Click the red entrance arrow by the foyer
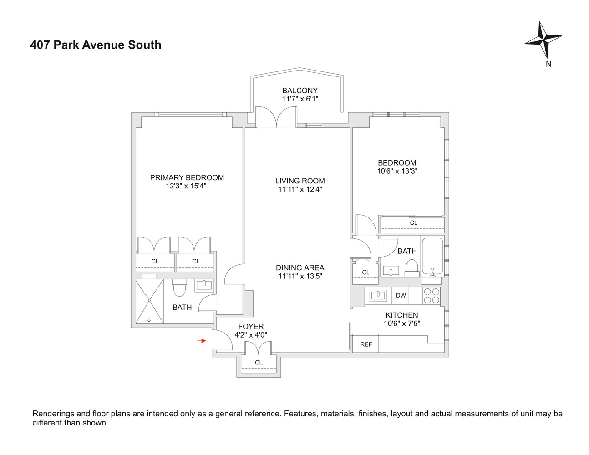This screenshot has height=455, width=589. point(202,341)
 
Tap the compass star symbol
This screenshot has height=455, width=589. point(543,40)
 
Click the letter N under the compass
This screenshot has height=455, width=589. point(548,64)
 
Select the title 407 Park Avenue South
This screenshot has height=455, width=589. point(96,45)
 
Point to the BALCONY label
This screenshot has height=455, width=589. point(300,91)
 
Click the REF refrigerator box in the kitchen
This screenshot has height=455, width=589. point(366,344)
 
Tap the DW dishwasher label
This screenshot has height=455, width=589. point(401,296)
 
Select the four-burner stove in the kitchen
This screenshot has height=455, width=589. point(432,296)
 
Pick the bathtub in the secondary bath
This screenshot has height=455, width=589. point(432,257)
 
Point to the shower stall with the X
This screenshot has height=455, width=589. point(149,301)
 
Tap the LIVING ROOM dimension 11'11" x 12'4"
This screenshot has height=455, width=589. point(300,189)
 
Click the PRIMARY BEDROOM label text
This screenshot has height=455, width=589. point(187,177)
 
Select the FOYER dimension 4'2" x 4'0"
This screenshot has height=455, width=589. point(251,335)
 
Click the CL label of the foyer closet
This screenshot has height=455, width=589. point(259,363)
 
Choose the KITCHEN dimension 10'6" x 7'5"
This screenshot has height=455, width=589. point(401,324)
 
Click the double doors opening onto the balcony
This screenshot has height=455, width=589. point(276,117)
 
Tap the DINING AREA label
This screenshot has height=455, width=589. point(300,268)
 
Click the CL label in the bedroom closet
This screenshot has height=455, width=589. point(413,223)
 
